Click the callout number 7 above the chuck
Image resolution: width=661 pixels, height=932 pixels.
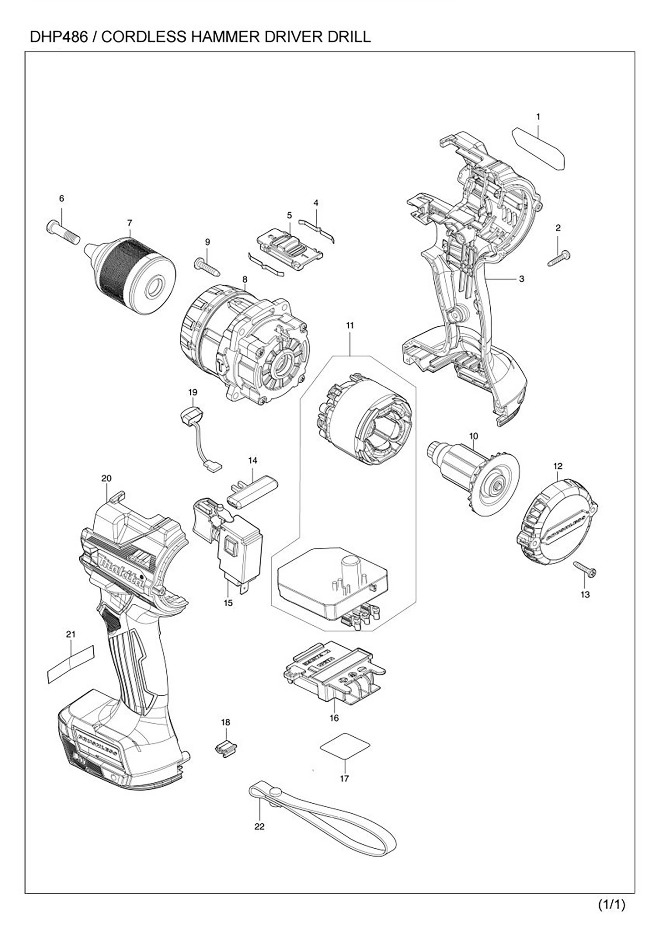point(130,223)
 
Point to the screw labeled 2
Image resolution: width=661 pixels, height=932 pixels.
point(559,258)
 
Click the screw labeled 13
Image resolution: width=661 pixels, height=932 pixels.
point(585,569)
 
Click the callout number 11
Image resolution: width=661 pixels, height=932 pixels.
point(350,325)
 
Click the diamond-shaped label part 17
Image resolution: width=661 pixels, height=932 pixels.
point(345,747)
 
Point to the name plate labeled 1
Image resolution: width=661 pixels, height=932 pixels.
point(539,148)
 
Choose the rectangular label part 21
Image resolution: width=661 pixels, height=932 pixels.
point(71,664)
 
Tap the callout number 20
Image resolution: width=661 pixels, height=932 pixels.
point(106,478)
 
